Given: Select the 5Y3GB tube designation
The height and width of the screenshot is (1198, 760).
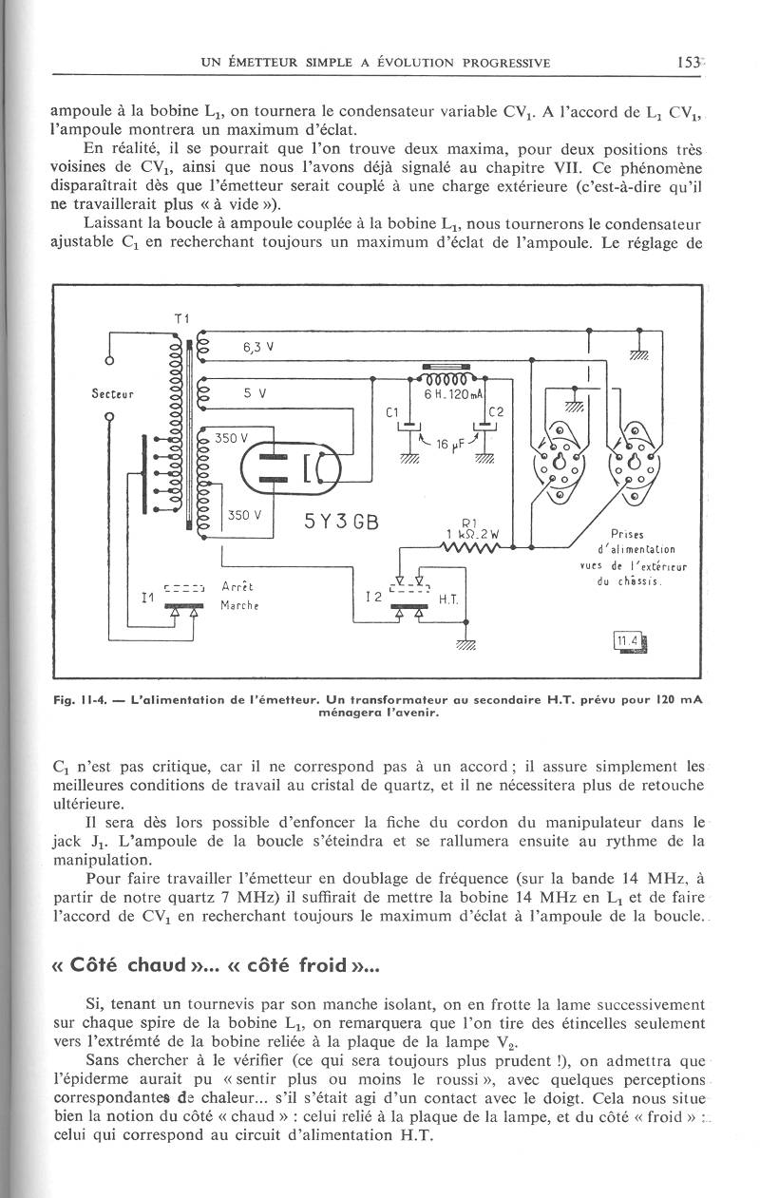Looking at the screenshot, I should click(x=341, y=523).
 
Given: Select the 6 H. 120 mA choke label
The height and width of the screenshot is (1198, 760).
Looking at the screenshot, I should click(x=453, y=393).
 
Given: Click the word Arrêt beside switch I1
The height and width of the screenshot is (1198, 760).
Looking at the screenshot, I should click(x=236, y=586).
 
